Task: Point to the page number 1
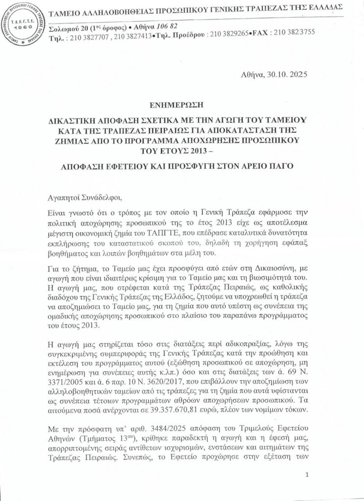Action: pyautogui.click(x=306, y=475)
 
